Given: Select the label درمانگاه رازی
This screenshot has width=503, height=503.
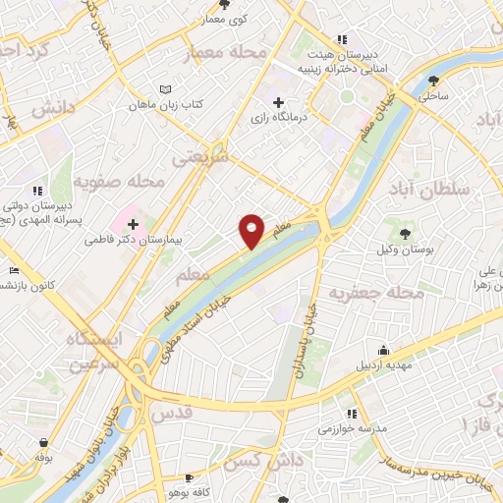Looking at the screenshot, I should (x=277, y=118).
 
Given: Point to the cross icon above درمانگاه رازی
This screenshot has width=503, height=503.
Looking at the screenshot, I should (x=278, y=102).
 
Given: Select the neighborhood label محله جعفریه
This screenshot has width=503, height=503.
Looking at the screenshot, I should (x=375, y=293).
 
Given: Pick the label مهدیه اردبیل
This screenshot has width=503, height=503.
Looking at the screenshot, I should (x=379, y=365).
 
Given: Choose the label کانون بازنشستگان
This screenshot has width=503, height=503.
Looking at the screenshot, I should (x=22, y=285).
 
